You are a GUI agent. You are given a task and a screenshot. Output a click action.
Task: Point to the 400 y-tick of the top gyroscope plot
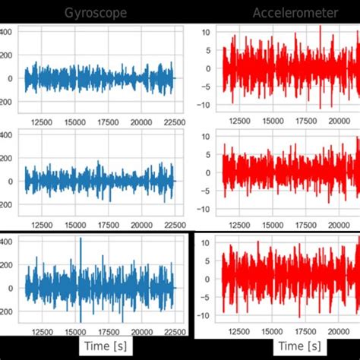tap(5, 32)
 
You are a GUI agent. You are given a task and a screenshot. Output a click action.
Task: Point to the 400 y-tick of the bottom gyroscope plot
tap(5, 242)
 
